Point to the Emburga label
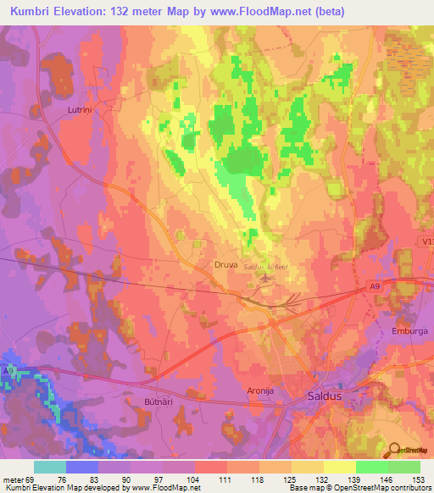[x=409, y=331]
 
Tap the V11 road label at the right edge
[x=426, y=241]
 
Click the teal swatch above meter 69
[x=49, y=467]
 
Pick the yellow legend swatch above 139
[x=339, y=467]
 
